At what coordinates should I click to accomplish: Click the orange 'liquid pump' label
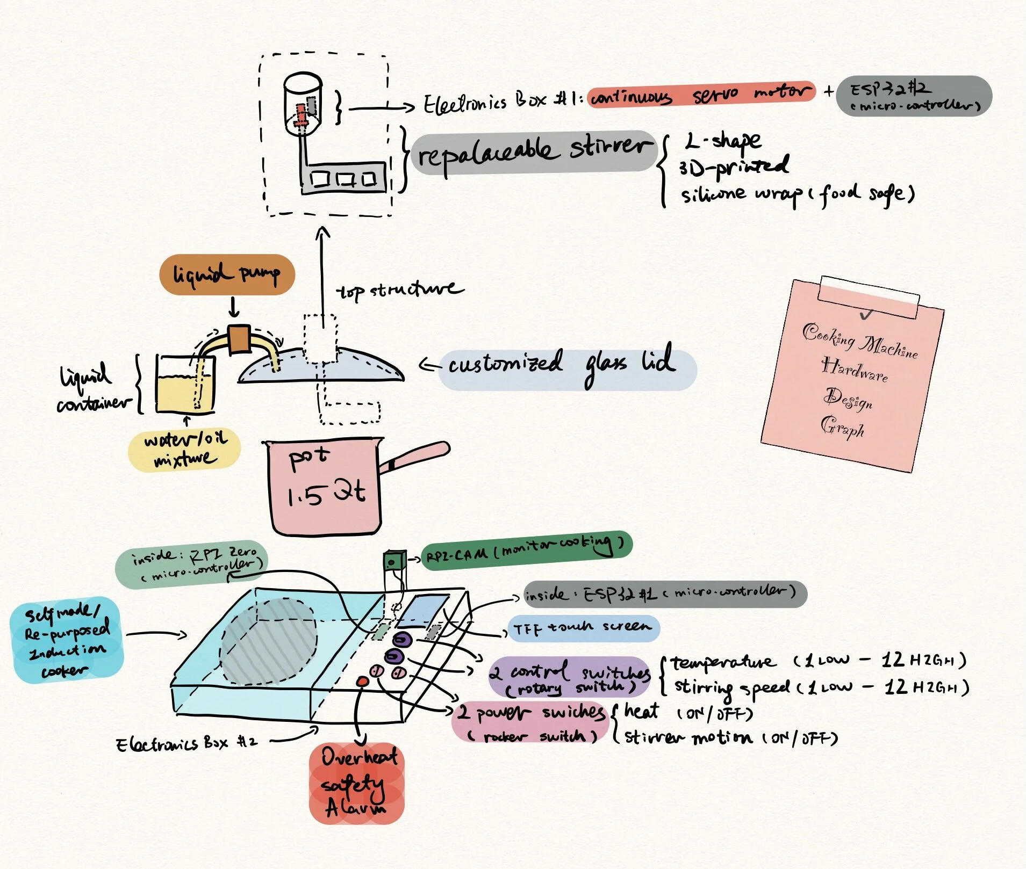click(227, 274)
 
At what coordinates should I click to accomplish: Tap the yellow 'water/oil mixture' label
click(184, 449)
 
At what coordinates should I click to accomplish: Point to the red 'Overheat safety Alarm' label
click(357, 783)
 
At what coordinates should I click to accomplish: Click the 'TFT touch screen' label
click(583, 628)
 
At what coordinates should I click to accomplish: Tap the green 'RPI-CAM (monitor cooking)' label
click(526, 551)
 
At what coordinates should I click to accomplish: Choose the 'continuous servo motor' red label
click(701, 95)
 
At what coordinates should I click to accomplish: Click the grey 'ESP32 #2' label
click(914, 96)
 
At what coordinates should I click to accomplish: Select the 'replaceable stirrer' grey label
click(534, 151)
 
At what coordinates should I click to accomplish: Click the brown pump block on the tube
click(239, 339)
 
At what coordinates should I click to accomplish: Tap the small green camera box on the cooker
click(394, 562)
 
